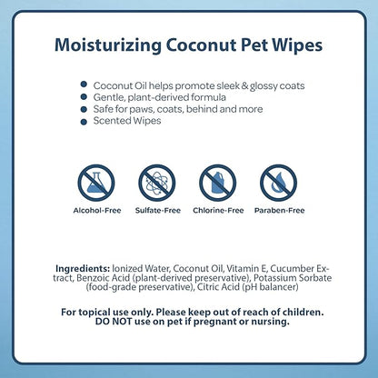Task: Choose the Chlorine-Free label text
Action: (218, 210)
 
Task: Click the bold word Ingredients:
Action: (83, 269)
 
